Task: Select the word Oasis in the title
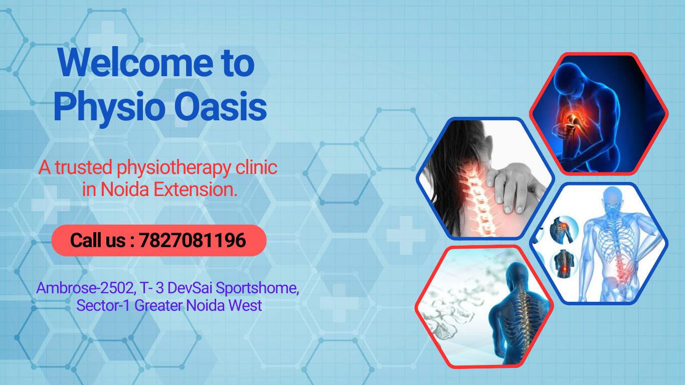coord(220,107)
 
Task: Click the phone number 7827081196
coord(193,240)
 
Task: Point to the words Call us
coord(98,240)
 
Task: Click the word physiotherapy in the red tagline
coord(174,168)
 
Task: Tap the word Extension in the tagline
coord(195,189)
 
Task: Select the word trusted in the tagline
coord(83,167)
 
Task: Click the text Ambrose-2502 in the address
coord(86,288)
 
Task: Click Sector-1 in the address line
coord(103,305)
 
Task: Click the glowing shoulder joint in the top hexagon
coord(573,119)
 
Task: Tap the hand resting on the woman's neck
coord(513,186)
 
